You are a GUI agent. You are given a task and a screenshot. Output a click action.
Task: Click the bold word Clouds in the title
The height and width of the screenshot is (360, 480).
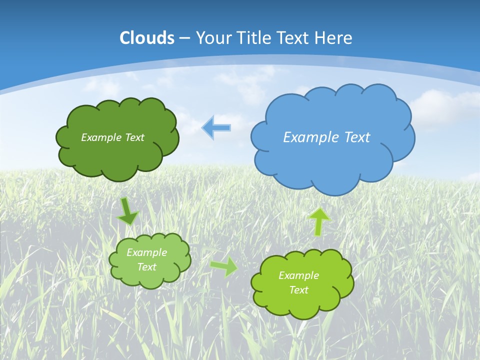[x=147, y=38]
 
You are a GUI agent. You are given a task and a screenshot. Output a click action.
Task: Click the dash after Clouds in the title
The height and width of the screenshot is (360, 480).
[x=184, y=38]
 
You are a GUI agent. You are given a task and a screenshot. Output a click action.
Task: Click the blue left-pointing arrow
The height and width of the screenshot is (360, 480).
[x=216, y=127]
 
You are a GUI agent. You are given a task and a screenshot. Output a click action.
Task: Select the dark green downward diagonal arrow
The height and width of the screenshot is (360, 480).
[x=128, y=212]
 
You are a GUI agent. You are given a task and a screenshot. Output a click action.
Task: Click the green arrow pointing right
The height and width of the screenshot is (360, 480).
[x=224, y=266]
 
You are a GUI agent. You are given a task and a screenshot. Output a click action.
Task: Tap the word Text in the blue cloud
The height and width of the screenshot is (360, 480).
[x=358, y=137]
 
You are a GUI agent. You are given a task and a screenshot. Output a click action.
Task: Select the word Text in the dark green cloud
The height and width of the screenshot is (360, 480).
[x=134, y=137]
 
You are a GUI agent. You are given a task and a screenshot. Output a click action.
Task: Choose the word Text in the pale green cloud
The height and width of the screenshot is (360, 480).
[x=147, y=267]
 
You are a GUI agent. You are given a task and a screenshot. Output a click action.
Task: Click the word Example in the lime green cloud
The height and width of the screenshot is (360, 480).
[x=298, y=275]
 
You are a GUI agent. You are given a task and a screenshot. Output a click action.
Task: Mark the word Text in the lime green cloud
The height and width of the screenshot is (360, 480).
[x=298, y=290]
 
